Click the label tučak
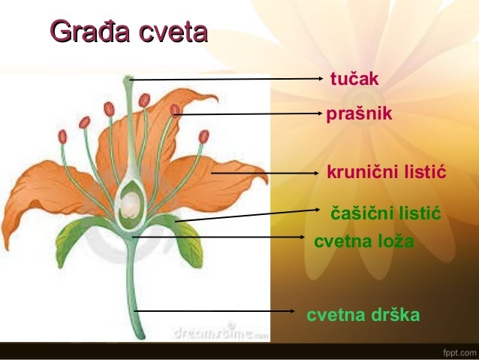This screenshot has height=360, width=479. click(355, 79)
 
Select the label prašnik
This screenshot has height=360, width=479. click(359, 114)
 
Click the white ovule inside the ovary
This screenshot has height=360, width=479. click(131, 203)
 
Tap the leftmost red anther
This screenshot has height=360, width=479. click(62, 137)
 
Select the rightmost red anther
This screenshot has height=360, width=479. click(203, 136)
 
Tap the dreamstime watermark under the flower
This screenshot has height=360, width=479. click(218, 331)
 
